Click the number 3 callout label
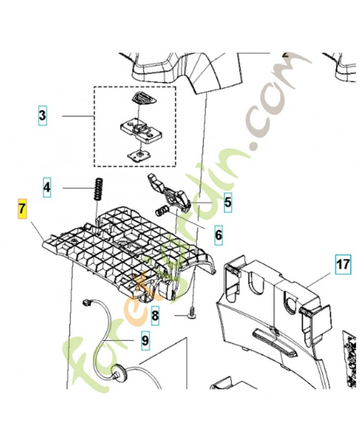(43, 116)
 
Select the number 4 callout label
(47, 188)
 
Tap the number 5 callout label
(227, 203)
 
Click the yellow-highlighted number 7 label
(23, 209)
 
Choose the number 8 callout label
(155, 316)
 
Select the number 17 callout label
(342, 265)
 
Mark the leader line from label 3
(77, 116)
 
